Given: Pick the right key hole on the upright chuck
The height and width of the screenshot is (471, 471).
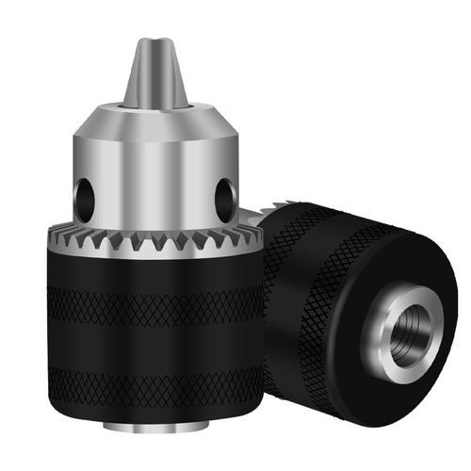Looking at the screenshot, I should click(x=225, y=197).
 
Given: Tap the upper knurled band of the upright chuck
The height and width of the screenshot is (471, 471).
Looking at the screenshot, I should click(x=155, y=304).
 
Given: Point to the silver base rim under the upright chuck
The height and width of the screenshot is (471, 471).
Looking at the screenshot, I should click(x=156, y=433).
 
